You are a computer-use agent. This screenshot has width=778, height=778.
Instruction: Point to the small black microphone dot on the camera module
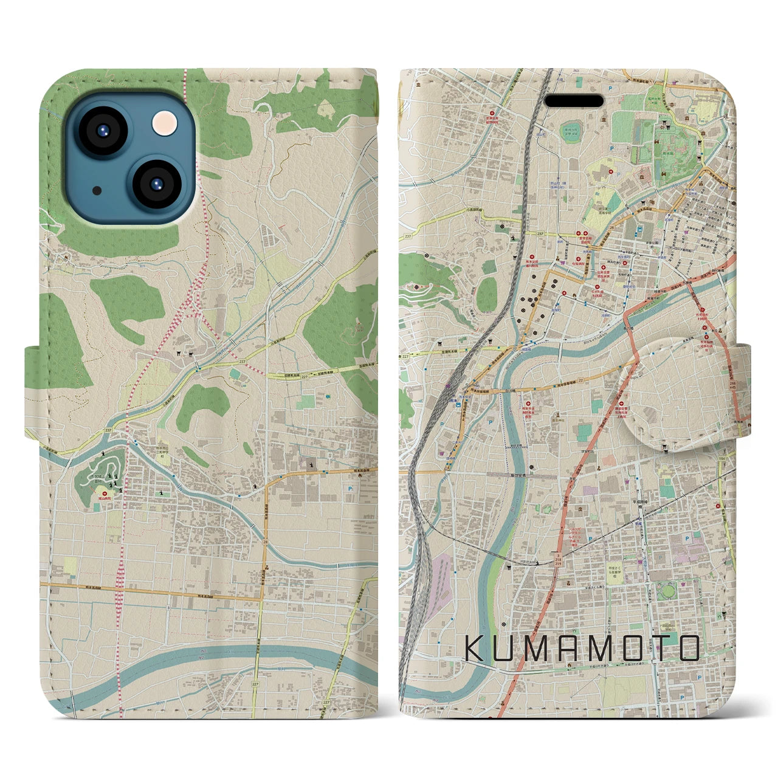97,190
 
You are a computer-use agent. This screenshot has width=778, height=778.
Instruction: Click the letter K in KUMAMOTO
475,649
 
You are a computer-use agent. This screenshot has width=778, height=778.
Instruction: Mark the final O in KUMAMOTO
689,649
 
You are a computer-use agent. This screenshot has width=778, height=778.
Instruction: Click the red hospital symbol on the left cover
104,494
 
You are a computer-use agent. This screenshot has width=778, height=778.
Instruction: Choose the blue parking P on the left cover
351,487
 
